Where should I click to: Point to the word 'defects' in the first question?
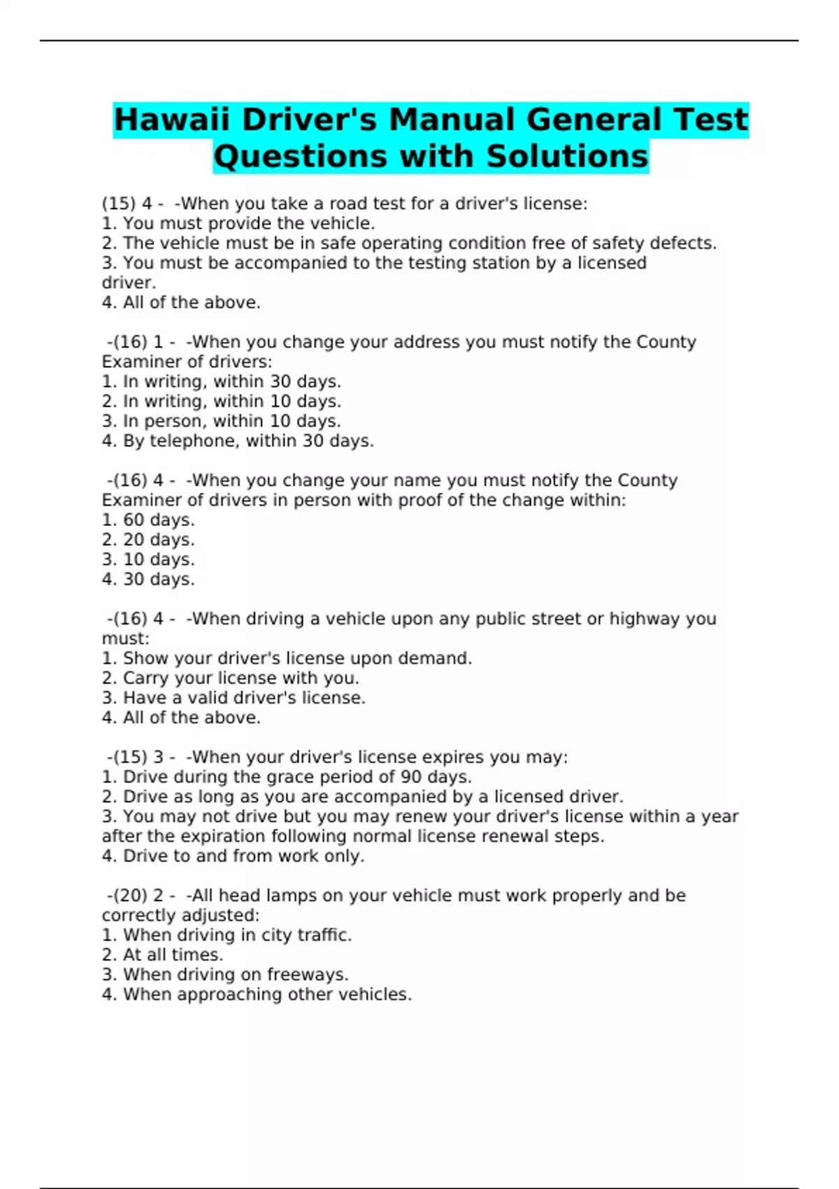click(x=682, y=243)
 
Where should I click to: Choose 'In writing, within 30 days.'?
click(x=222, y=381)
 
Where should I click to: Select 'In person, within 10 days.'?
click(x=222, y=421)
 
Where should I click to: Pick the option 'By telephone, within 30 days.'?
click(x=238, y=441)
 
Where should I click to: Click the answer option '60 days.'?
click(x=148, y=520)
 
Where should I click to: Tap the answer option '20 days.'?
click(x=148, y=539)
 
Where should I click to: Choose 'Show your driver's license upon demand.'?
click(x=287, y=658)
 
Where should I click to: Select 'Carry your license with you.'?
click(x=231, y=678)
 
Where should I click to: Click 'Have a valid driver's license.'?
click(x=234, y=697)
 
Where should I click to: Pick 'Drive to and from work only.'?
click(x=233, y=855)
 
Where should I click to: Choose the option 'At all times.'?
click(x=162, y=955)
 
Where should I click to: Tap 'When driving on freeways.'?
click(x=225, y=974)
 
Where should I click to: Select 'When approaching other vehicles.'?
click(x=257, y=994)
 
